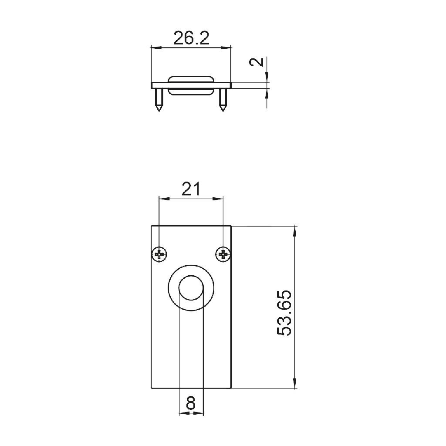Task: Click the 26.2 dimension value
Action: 191,38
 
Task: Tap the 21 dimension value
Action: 191,189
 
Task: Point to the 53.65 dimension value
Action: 284,313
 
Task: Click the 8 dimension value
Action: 191,403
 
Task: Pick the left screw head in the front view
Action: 159,254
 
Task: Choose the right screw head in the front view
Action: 223,254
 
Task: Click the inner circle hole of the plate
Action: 191,287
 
